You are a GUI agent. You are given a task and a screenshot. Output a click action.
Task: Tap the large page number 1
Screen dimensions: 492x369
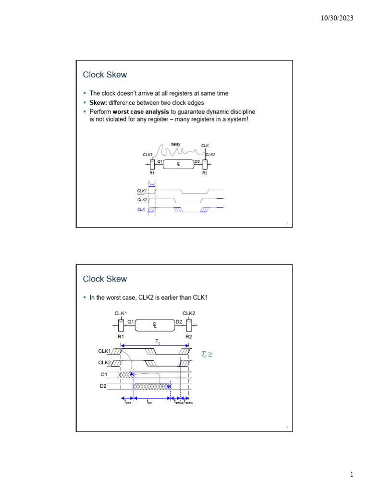tap(352, 475)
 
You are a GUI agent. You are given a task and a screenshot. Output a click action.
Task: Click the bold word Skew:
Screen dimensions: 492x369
tap(99, 103)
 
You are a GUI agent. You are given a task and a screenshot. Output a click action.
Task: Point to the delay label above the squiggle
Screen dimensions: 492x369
tap(175, 144)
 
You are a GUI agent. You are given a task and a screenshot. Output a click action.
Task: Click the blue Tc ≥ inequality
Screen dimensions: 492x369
tap(207, 355)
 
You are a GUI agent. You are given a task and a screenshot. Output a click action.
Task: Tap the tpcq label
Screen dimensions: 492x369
tap(128, 403)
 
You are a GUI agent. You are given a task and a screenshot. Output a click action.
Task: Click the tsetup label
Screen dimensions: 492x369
tap(178, 403)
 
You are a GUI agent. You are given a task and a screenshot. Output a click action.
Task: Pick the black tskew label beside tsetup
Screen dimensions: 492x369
tap(189, 403)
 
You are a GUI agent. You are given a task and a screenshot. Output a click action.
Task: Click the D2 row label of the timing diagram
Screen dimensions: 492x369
tap(103, 385)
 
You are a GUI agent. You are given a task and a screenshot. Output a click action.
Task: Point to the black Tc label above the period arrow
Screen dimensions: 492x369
tap(158, 341)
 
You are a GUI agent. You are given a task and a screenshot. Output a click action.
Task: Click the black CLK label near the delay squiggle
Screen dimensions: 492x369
tap(205, 146)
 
